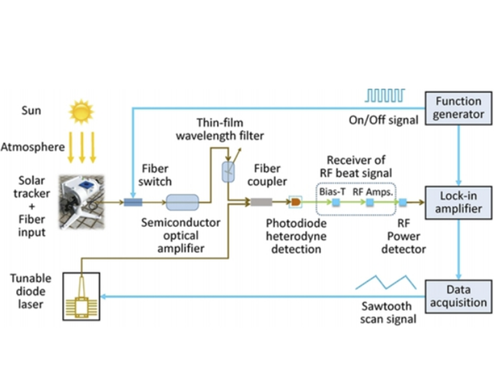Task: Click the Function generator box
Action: coord(458,107)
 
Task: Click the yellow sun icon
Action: coord(81,111)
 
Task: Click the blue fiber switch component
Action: coord(133,202)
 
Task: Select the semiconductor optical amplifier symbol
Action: coord(183,202)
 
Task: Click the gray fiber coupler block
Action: coord(262,202)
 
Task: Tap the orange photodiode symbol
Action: coord(295,202)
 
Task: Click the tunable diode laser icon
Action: coord(81,299)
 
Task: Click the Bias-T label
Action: coord(332,190)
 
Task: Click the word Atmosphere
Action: coord(33,147)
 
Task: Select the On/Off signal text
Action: coord(383,120)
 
